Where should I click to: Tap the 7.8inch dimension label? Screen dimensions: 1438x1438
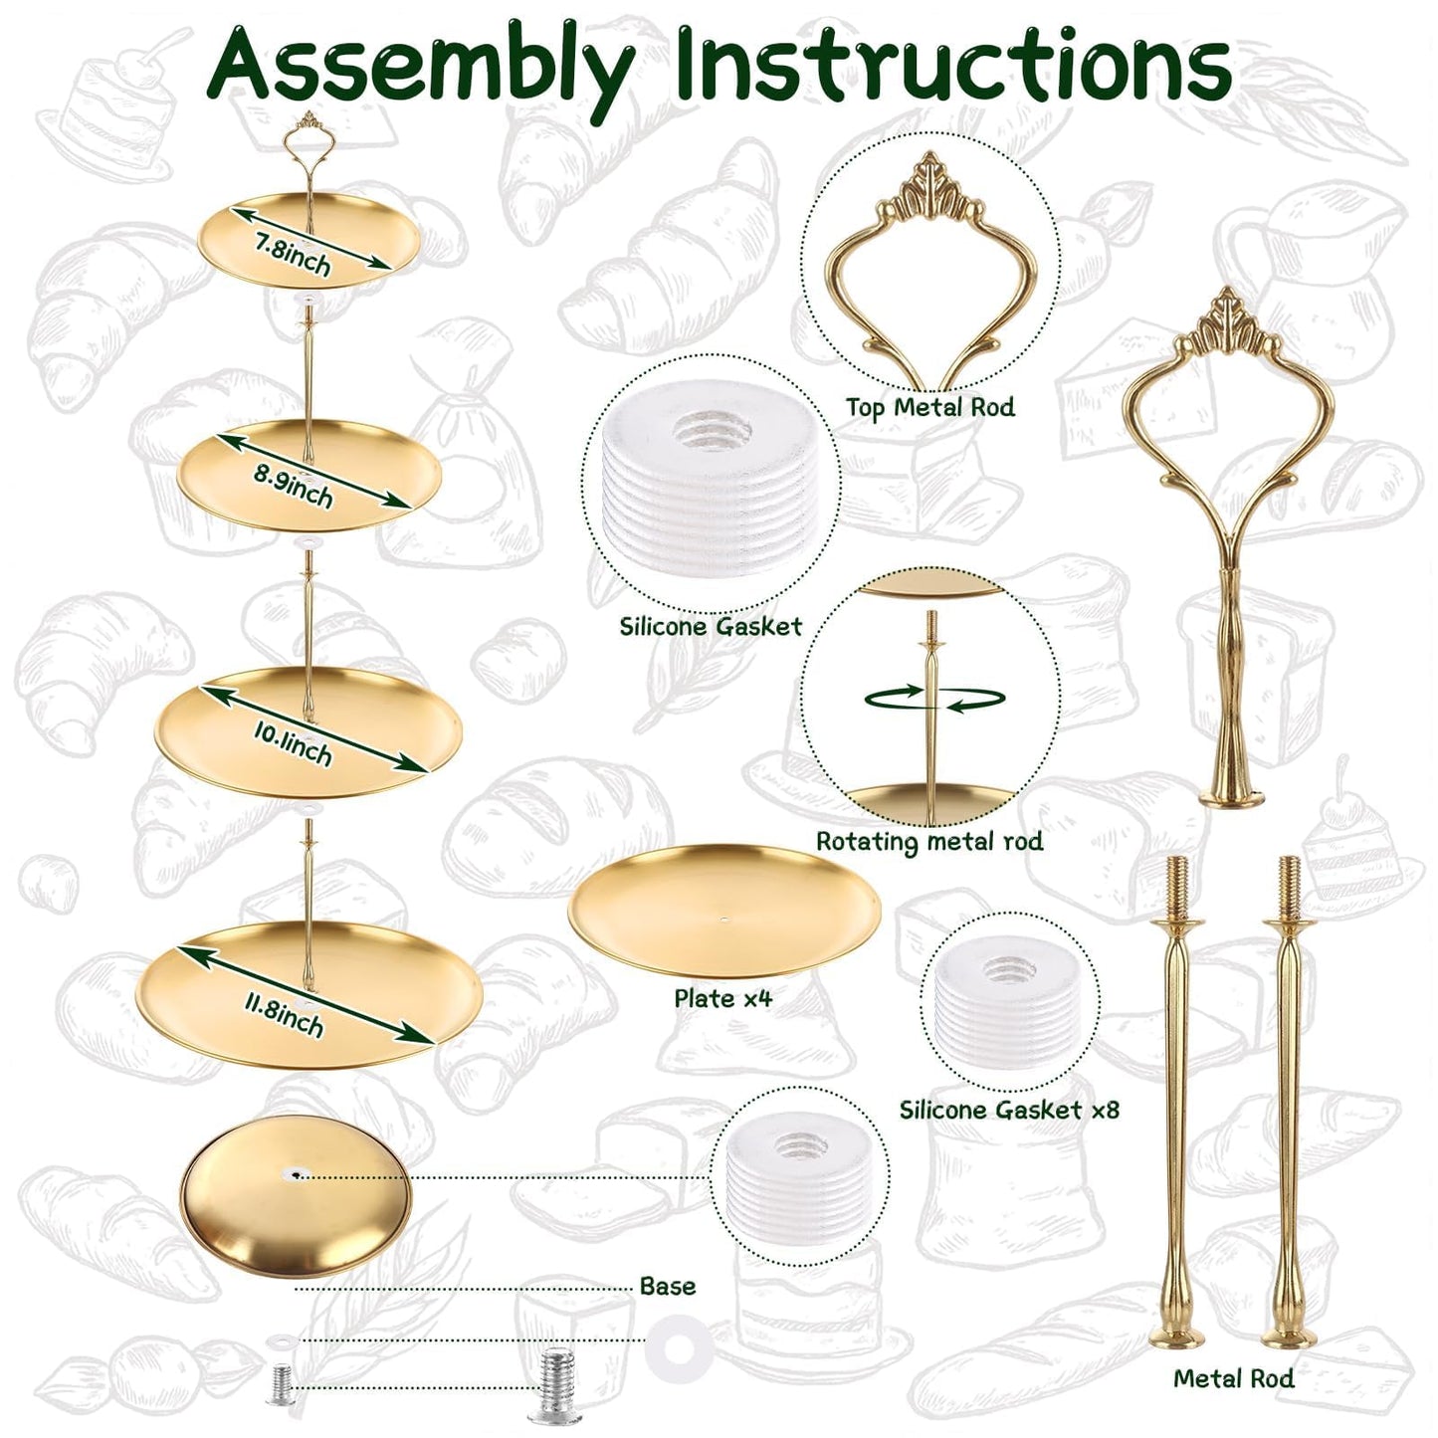point(293,253)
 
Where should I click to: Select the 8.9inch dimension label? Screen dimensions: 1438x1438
point(293,486)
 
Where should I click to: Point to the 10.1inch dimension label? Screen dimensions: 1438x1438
point(293,743)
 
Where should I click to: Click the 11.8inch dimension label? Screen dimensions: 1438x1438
point(285,1011)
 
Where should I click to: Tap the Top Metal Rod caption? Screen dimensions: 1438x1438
point(929,407)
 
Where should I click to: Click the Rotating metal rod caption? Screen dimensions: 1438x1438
point(929,842)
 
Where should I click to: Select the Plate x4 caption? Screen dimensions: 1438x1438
point(723,998)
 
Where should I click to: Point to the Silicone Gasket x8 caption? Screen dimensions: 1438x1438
point(1010,1110)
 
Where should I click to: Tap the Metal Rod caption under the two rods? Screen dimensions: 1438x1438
point(1234,1378)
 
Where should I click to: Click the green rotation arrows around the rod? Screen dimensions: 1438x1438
point(934,699)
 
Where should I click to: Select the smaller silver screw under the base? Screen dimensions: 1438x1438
point(282,1386)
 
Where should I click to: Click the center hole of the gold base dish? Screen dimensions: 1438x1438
point(297,1176)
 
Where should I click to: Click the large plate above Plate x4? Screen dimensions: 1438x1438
point(723,911)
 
